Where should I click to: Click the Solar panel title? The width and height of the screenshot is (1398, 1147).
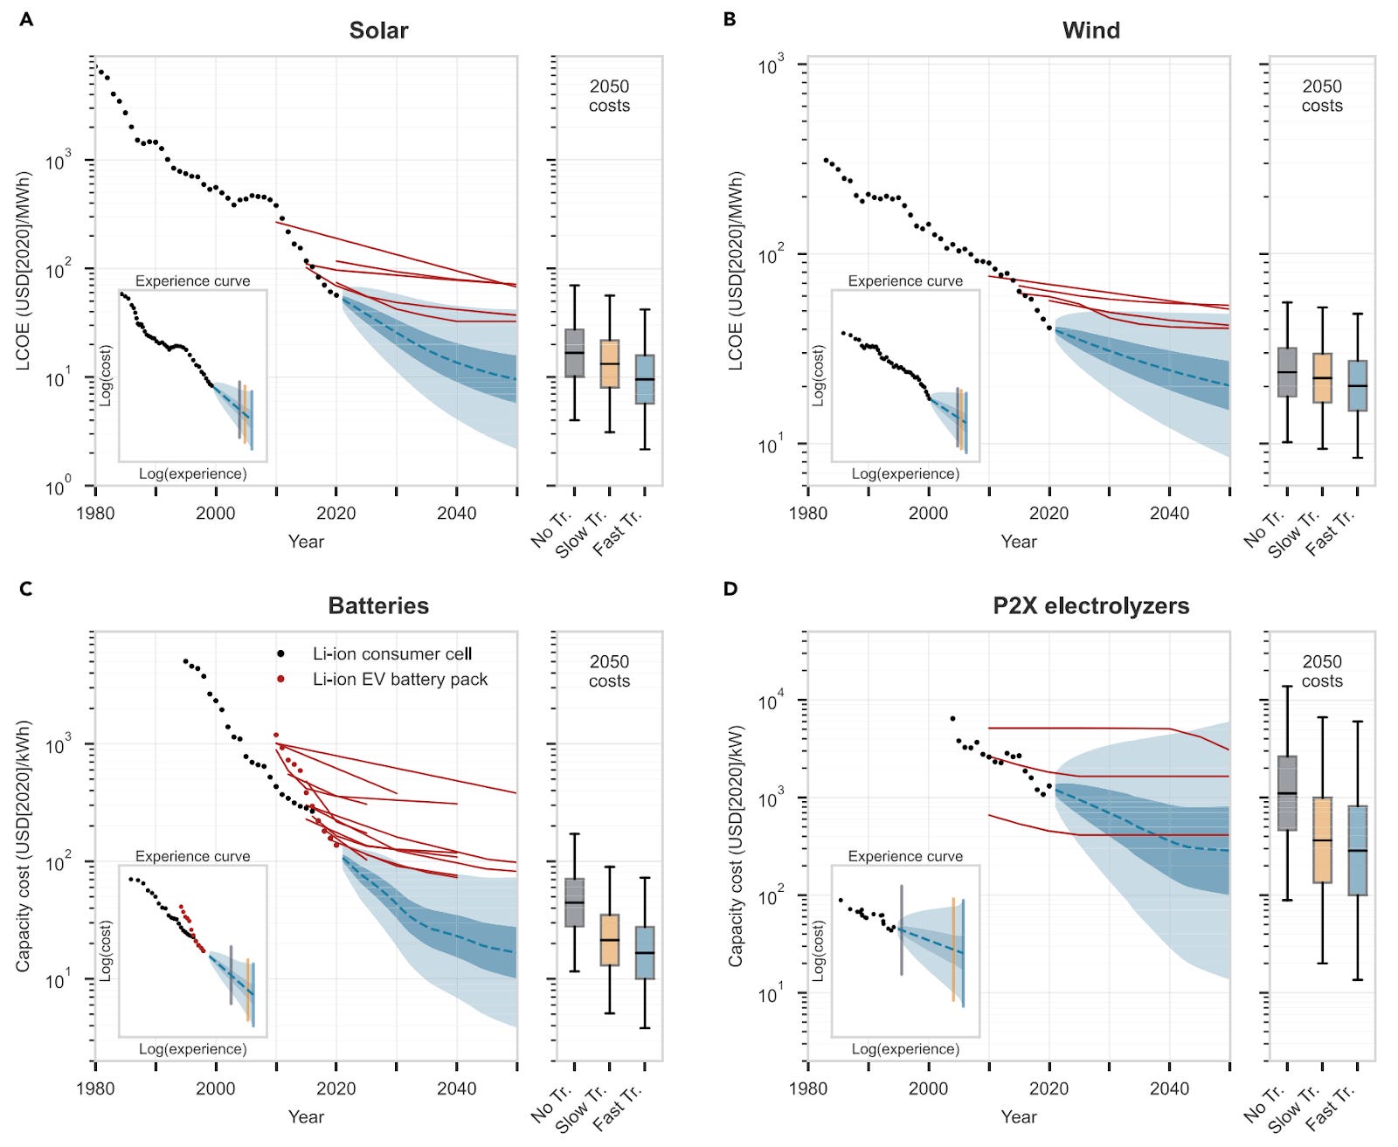(378, 31)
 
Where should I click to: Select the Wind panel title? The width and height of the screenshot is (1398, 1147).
(1090, 31)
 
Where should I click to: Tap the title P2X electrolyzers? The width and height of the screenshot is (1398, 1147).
(1090, 605)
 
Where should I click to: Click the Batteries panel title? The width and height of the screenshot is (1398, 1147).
(378, 605)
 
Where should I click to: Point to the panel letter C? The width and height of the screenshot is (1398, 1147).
(25, 589)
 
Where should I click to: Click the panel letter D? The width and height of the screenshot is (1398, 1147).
(730, 589)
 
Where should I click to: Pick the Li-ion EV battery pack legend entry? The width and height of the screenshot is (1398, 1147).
(399, 679)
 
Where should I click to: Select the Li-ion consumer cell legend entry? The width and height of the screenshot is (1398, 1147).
(391, 653)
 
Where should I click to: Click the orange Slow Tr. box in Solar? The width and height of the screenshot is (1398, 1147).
(609, 363)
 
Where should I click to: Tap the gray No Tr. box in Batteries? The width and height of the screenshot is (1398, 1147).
(574, 902)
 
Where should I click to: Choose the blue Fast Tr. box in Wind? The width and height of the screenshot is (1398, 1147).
(1357, 385)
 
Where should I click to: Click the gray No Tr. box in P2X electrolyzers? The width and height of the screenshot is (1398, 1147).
(1286, 792)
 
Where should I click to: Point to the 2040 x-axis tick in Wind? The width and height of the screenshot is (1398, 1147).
(1169, 513)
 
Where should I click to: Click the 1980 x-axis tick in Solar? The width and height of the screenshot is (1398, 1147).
(95, 513)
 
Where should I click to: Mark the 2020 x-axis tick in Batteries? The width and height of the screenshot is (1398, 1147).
(336, 1088)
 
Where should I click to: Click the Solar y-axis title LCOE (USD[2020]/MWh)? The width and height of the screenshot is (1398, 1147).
(24, 271)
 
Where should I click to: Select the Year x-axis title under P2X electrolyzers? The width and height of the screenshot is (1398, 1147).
(1018, 1116)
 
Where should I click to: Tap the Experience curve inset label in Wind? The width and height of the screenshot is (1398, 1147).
(905, 280)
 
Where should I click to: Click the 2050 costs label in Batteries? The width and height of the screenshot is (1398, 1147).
(609, 671)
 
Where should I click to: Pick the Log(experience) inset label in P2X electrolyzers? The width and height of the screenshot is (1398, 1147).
(905, 1048)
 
